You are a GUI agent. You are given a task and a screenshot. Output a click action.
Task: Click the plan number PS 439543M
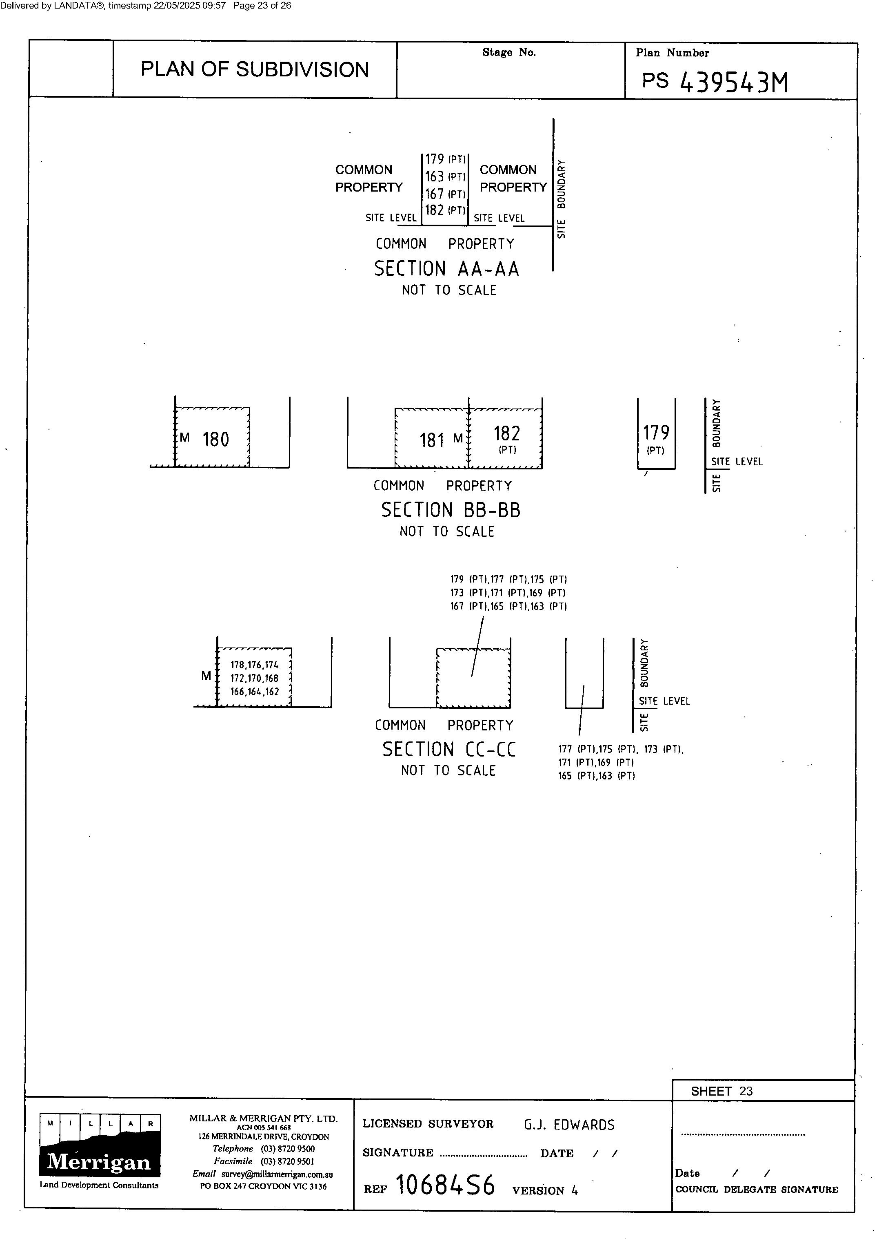[715, 82]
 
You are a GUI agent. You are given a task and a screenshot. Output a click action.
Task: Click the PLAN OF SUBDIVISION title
[255, 69]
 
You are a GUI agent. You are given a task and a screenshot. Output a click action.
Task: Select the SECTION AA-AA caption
[446, 269]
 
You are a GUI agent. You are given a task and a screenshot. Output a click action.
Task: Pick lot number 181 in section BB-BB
[432, 440]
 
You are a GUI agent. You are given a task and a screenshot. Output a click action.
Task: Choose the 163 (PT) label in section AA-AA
[445, 176]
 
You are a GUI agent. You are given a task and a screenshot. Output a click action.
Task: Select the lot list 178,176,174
[254, 665]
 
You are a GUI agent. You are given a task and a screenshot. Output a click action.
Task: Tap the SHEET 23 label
[721, 1092]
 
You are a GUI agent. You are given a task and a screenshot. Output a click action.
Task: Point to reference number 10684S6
[445, 1185]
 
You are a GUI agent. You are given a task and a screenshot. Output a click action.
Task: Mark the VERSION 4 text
[545, 1190]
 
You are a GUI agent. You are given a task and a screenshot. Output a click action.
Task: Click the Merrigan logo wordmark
[99, 1162]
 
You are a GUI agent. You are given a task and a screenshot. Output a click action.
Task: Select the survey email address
[277, 1174]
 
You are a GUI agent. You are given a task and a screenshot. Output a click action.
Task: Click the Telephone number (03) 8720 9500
[288, 1149]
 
